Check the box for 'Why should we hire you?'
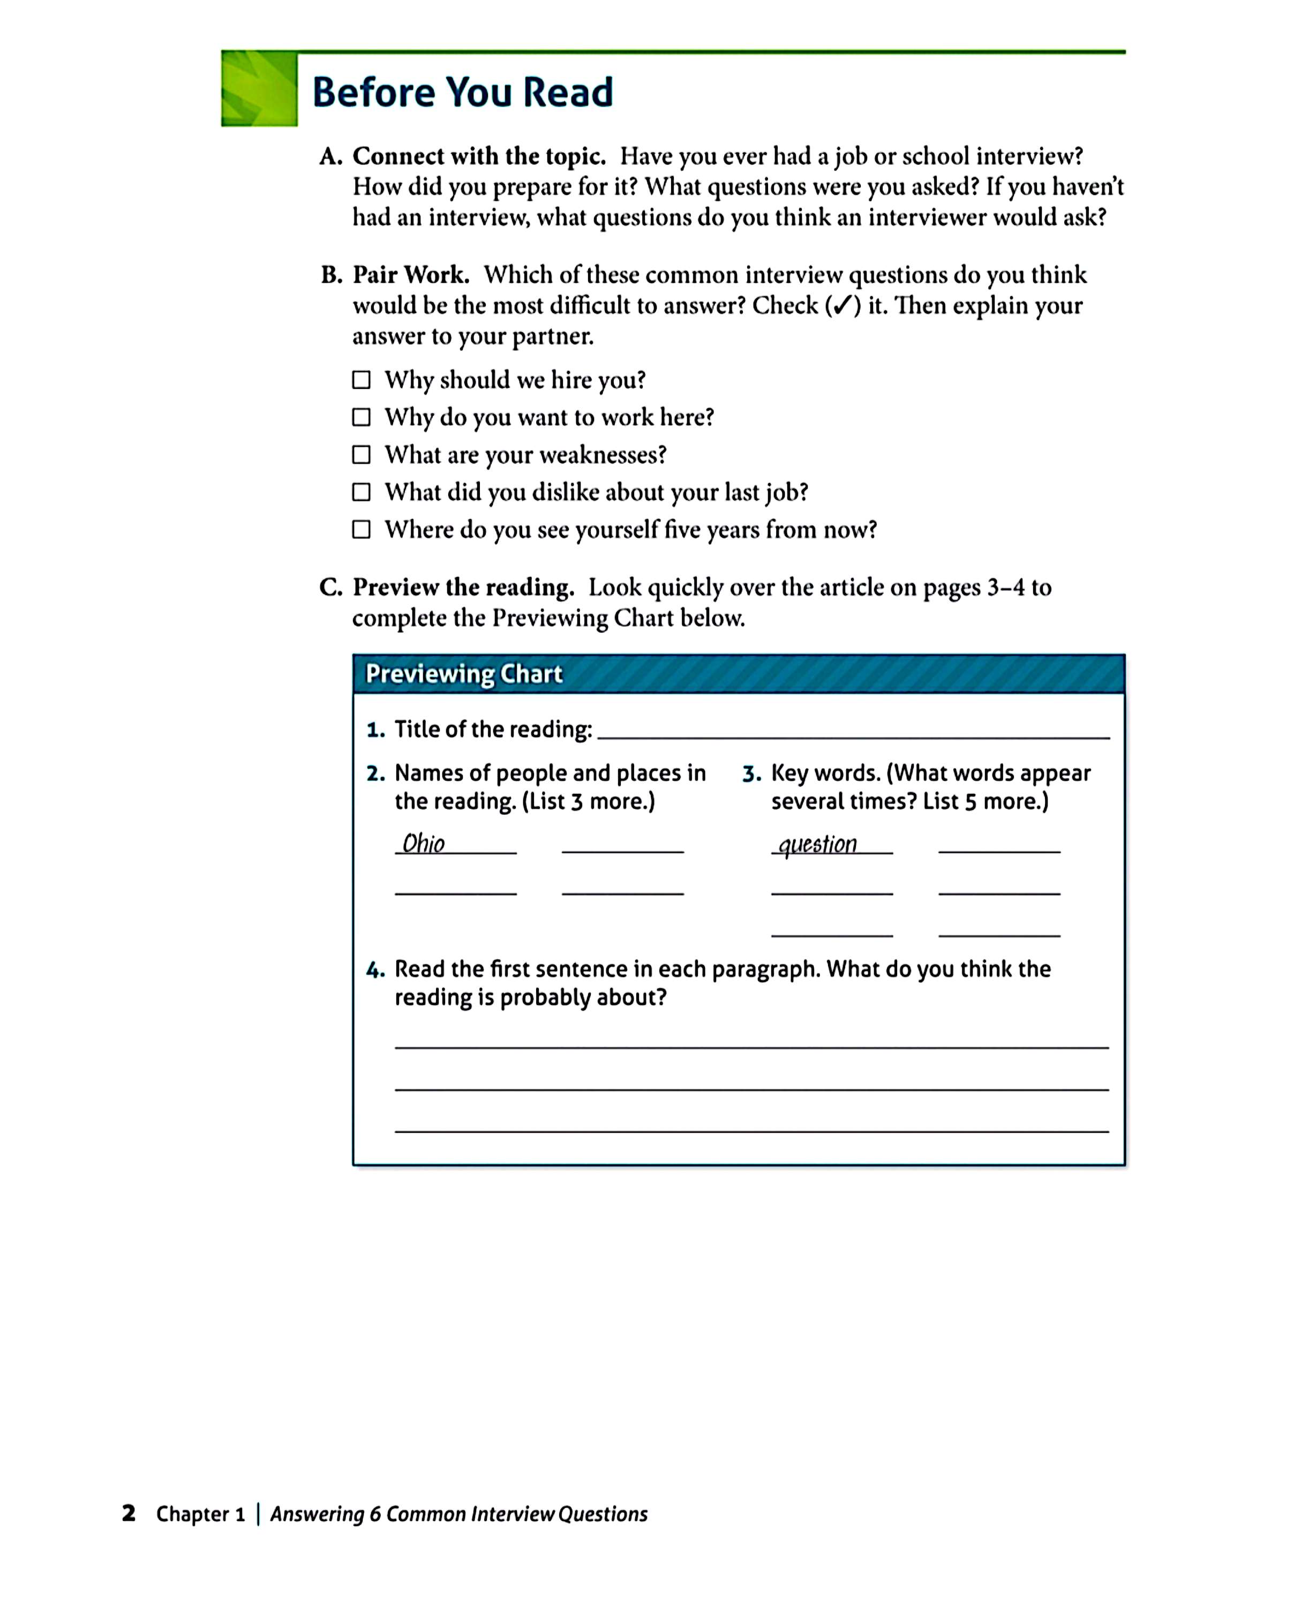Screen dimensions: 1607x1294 (x=361, y=380)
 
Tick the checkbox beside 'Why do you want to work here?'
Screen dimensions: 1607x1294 (x=361, y=417)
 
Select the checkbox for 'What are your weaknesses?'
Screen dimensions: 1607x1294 (x=361, y=455)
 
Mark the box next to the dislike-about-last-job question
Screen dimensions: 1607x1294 (x=361, y=492)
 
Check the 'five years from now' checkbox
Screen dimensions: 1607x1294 (x=361, y=529)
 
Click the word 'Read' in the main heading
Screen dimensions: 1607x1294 (x=567, y=93)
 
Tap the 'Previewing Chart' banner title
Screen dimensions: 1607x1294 (x=464, y=674)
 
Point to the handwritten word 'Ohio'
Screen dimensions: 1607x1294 (x=423, y=844)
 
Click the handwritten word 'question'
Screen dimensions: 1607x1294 (x=818, y=845)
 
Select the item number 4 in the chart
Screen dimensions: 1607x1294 (x=375, y=970)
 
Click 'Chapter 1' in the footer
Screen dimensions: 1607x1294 (x=200, y=1514)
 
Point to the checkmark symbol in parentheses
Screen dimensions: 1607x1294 (x=842, y=306)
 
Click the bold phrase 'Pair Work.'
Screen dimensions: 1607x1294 (x=411, y=275)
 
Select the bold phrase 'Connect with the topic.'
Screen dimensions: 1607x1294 (x=478, y=156)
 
